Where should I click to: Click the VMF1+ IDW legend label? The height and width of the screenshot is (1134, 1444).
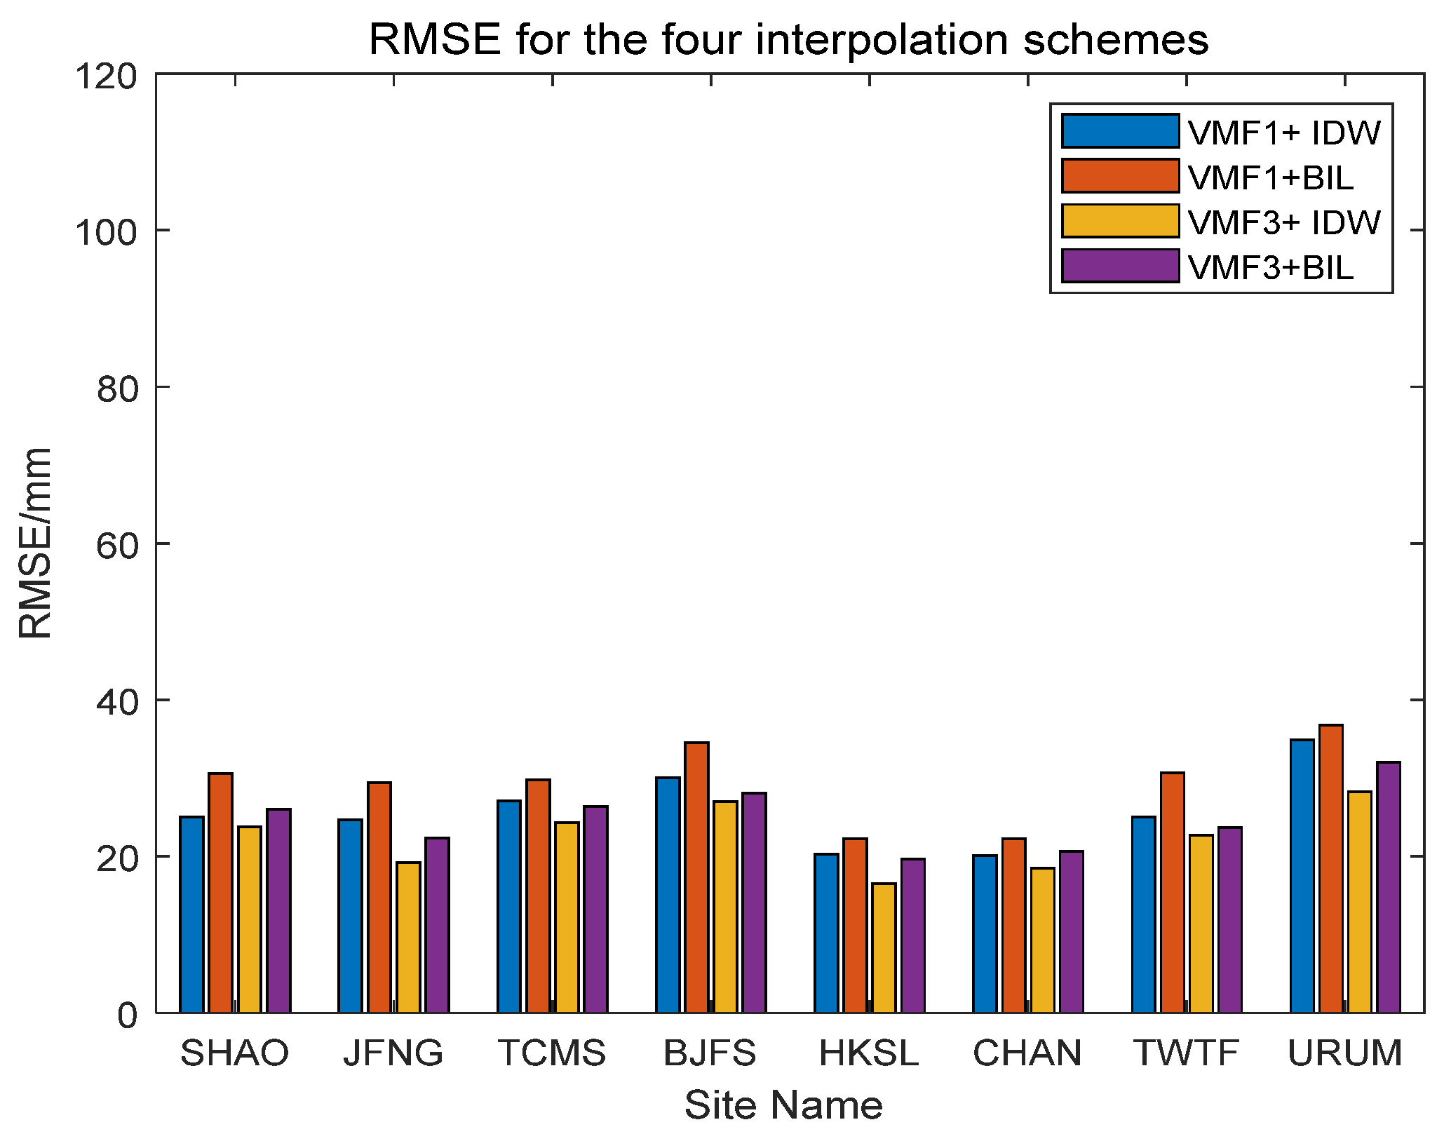pos(1283,133)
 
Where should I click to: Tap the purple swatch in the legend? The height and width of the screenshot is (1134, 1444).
pos(1120,266)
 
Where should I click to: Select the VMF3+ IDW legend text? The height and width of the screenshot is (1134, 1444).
pos(1283,222)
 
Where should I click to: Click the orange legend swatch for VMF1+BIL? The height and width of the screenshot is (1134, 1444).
pos(1120,177)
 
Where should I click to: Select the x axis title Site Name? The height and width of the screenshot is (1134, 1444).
pos(783,1106)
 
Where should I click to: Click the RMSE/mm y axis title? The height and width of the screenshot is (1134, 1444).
pos(35,544)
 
